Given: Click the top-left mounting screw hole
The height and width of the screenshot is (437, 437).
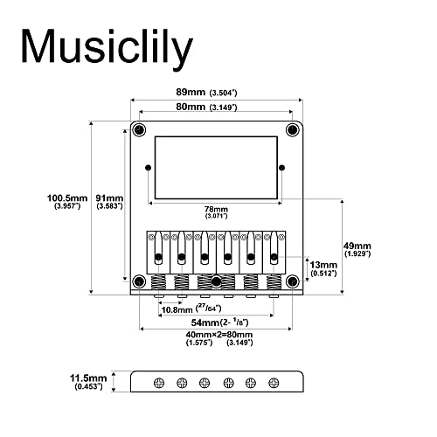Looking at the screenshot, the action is pos(139,129).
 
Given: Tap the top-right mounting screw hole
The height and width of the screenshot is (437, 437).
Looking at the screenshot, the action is pos(293,129).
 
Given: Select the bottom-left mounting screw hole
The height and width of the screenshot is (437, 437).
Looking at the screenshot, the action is pos(139,281).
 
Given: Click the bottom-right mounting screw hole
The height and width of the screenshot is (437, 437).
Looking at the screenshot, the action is pos(293,281).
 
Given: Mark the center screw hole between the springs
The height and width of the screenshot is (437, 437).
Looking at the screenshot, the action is pos(216,281).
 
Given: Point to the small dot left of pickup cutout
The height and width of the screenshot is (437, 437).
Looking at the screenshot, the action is pos(149,168).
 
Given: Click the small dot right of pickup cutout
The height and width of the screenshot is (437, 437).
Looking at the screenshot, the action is pos(281,168).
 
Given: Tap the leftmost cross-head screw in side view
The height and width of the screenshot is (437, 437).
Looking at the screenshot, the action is pos(159,383).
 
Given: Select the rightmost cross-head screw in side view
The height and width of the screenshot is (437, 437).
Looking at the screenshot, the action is pos(274,383).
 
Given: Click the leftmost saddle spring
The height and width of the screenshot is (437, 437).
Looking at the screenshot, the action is pos(158,282).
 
